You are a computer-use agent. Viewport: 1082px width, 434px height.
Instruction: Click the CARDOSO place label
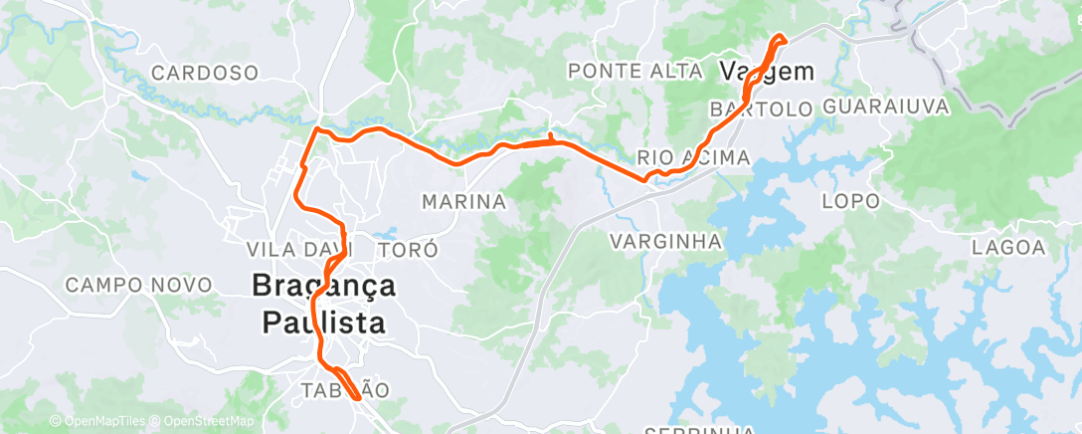205,73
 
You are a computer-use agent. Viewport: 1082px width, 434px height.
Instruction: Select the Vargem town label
766,72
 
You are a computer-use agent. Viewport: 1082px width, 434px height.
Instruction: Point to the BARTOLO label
763,108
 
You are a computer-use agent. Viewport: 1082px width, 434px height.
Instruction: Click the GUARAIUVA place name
886,106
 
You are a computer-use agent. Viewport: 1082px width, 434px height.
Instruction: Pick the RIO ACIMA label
693,157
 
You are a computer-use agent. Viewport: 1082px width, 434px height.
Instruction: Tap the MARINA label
464,202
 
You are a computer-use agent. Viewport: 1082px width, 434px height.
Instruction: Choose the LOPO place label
850,201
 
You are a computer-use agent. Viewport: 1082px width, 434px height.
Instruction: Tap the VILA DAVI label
286,249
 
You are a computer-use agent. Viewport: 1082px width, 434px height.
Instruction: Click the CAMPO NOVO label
139,285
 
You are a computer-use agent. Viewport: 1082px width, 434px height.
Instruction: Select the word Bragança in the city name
323,287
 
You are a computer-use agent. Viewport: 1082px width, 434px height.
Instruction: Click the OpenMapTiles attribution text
102,422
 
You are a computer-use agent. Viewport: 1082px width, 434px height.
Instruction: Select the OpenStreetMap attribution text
205,422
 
